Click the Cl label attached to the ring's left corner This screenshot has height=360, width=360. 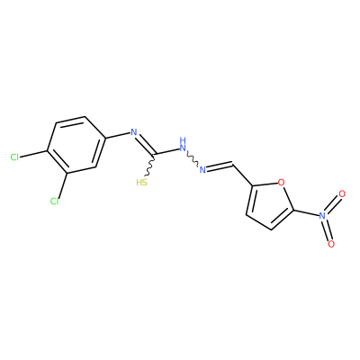click(14, 157)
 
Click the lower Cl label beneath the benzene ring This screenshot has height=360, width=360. click(54, 202)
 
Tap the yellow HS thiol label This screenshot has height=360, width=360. click(142, 183)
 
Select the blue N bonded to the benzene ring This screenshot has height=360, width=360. click(134, 132)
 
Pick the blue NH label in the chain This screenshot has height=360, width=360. click(183, 144)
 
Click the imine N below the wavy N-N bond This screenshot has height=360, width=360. click(202, 170)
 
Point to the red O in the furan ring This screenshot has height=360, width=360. click(281, 182)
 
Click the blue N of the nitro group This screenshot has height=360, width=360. click(322, 215)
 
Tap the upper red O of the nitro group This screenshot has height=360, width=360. click(342, 194)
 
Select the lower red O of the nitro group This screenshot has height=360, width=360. click(331, 244)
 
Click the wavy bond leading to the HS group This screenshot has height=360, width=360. click(150, 166)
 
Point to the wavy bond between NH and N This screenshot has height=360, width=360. click(192, 158)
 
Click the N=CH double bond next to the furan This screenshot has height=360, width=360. click(220, 166)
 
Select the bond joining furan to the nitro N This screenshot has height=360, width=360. click(305, 212)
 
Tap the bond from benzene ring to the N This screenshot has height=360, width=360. click(118, 135)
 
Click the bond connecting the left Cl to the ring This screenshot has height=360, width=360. click(33, 153)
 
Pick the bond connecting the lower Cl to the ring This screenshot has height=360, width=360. click(62, 185)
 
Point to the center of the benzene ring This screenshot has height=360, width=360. click(76, 145)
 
